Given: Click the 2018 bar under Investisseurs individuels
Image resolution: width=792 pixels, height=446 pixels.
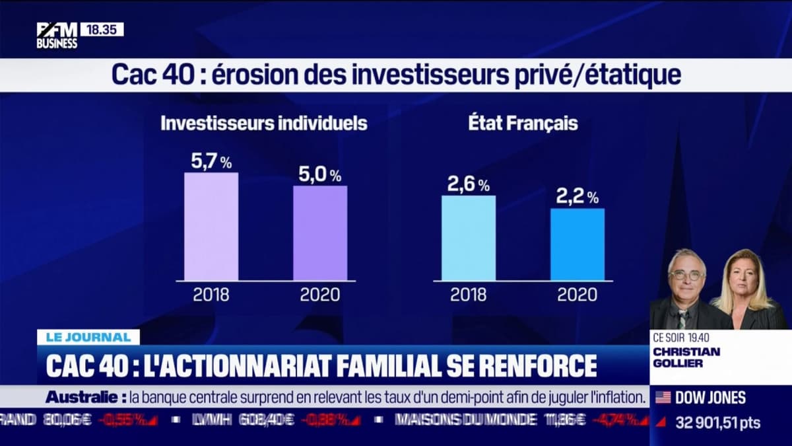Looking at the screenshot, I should pyautogui.click(x=211, y=227).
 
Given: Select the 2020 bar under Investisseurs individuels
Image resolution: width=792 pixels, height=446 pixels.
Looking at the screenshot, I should pyautogui.click(x=320, y=233).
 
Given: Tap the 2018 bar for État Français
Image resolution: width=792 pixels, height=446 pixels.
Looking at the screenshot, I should pyautogui.click(x=468, y=238).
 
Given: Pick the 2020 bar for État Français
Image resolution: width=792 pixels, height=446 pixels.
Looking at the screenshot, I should pyautogui.click(x=577, y=244).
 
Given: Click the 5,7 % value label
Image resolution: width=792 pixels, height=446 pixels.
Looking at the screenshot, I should pyautogui.click(x=211, y=162).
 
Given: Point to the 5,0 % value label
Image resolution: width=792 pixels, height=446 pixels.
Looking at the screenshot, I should pyautogui.click(x=319, y=175).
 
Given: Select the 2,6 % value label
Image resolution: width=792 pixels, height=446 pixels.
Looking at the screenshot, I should pyautogui.click(x=468, y=185).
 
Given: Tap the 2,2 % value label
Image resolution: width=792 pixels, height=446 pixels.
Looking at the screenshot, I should pyautogui.click(x=577, y=197).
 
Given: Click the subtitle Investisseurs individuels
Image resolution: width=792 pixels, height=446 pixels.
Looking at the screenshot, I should pyautogui.click(x=264, y=124).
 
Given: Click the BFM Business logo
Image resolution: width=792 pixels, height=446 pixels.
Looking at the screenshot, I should pyautogui.click(x=57, y=35).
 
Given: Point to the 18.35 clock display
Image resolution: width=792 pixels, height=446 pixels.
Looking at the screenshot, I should pyautogui.click(x=102, y=30).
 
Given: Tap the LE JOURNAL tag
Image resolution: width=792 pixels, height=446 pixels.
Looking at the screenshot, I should pyautogui.click(x=88, y=337).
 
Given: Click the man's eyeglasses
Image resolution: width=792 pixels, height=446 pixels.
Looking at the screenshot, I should pyautogui.click(x=686, y=275).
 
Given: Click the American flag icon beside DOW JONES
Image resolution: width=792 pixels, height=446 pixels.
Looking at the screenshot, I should pyautogui.click(x=663, y=397).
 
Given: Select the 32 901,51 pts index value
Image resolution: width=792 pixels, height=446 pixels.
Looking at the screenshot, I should pyautogui.click(x=717, y=422).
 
